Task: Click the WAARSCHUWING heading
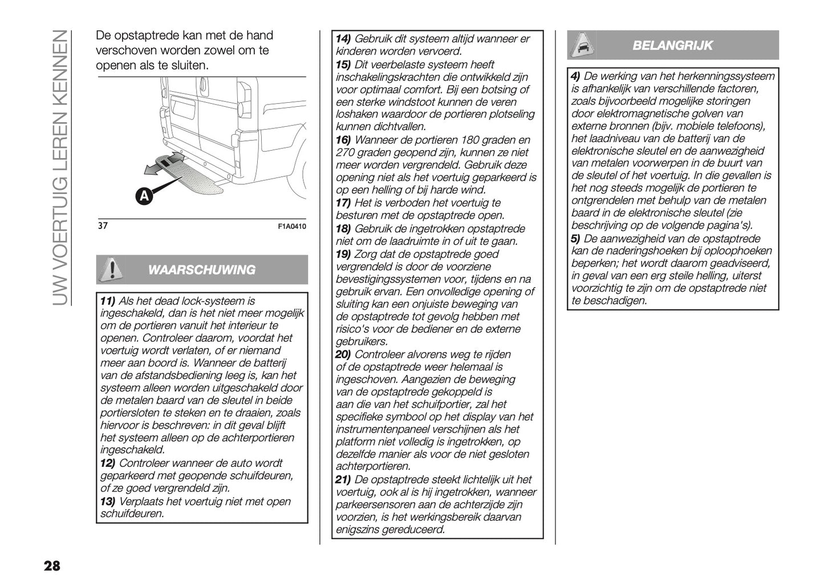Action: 201,270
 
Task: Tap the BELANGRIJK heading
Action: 672,46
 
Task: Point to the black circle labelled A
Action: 144,196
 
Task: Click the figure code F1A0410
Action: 291,227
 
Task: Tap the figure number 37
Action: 103,226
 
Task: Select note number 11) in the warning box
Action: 107,301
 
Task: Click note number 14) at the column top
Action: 343,39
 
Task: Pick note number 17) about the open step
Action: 343,203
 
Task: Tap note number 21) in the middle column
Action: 343,479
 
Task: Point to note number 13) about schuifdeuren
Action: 107,502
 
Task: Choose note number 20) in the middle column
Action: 343,354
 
